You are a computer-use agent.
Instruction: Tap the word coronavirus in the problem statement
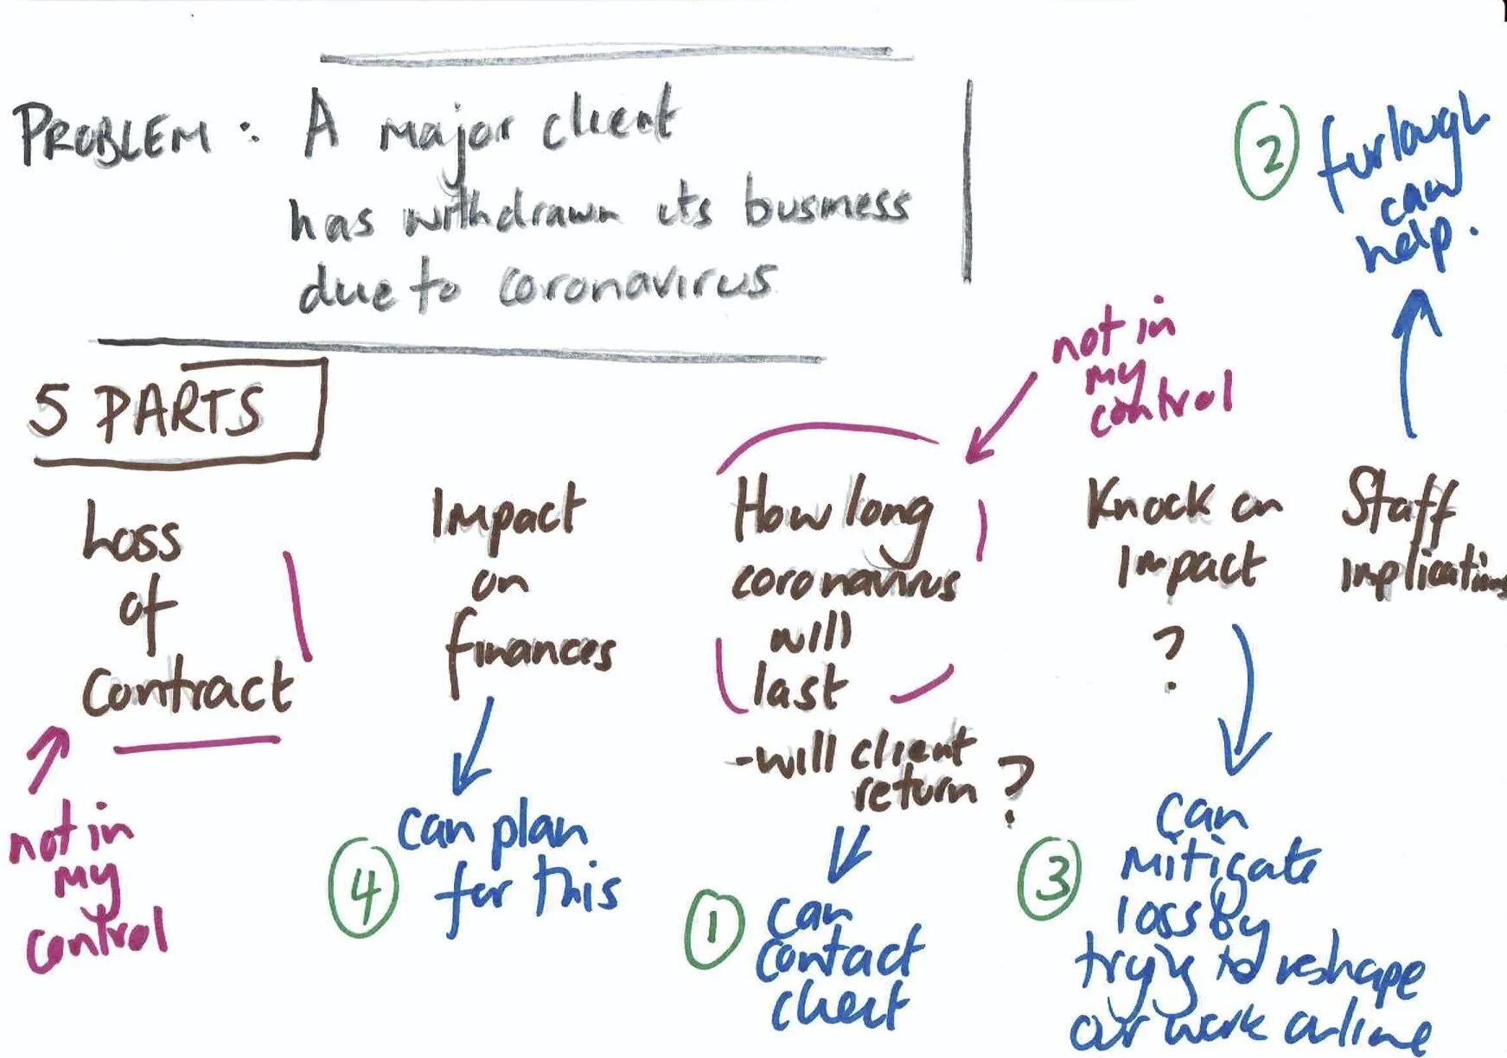point(635,285)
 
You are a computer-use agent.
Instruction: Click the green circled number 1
point(713,929)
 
